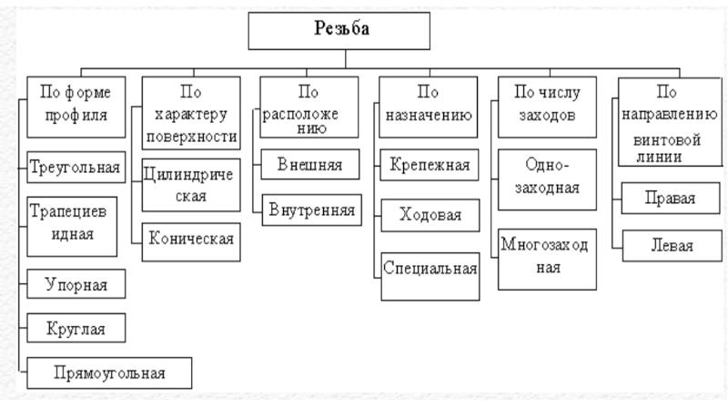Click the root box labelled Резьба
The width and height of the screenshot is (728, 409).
tap(339, 31)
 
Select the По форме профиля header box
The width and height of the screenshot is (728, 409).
tap(76, 107)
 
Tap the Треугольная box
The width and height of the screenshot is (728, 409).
tap(76, 167)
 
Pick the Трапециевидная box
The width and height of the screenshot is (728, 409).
tap(72, 226)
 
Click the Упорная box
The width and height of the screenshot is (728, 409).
tap(76, 283)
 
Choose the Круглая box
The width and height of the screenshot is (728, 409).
tap(76, 328)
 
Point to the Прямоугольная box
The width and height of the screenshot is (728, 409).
tap(109, 373)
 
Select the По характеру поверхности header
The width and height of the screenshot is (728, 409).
tap(191, 113)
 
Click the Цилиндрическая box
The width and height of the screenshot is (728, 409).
tap(191, 185)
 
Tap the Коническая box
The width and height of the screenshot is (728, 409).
tap(191, 241)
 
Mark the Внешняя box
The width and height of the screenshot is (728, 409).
tap(310, 164)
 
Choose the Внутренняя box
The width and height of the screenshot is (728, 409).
tap(311, 210)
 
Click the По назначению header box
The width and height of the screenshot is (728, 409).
tap(428, 107)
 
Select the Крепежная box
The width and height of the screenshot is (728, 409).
tap(430, 165)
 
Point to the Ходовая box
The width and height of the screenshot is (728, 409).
tap(430, 215)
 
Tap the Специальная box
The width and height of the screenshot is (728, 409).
tap(430, 277)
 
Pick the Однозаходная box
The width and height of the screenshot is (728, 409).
tap(548, 179)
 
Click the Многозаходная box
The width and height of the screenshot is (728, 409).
tap(548, 260)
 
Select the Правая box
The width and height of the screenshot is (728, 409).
tap(671, 198)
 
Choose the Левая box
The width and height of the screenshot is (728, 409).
tap(672, 245)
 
